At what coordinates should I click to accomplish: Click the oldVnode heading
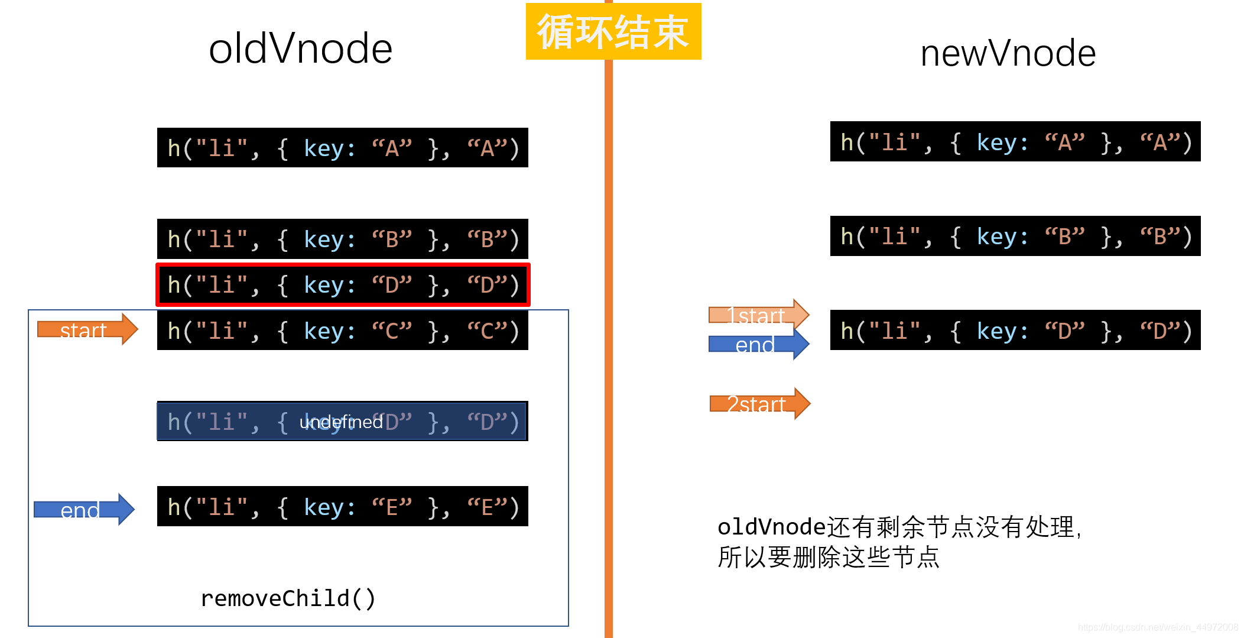pos(300,48)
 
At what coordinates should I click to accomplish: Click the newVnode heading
pos(1008,53)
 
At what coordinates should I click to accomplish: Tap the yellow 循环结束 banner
pos(613,31)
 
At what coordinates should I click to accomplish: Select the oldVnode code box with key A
pos(342,148)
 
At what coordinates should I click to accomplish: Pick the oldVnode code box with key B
pos(342,239)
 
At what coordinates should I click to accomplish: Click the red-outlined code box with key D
pos(342,285)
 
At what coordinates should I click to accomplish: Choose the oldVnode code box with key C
pos(342,331)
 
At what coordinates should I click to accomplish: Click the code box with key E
pos(342,507)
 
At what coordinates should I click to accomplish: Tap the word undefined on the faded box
pos(341,422)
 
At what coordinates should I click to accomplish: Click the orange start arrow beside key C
pos(87,329)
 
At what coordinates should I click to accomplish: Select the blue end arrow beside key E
pos(84,509)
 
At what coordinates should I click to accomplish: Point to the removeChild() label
pos(288,598)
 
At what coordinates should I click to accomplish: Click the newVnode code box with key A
pos(1015,142)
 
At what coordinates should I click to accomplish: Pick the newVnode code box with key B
pos(1015,236)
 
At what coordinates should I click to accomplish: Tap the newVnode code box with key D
pos(1015,330)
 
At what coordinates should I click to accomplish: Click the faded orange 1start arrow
pos(758,314)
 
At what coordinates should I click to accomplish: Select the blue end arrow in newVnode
pos(758,344)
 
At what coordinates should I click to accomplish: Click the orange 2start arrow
pos(759,404)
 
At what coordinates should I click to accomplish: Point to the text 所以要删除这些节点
pos(828,557)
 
